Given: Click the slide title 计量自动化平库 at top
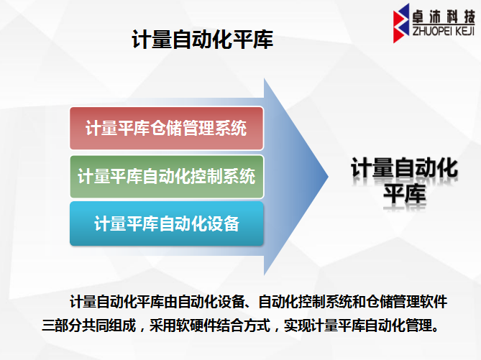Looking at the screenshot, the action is tap(203, 40).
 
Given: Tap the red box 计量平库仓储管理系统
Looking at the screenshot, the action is tap(167, 128).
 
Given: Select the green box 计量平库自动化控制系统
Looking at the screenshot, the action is tap(167, 177).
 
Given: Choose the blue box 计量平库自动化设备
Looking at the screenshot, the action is tap(167, 223).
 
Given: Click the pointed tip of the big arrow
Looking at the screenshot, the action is tap(328, 176).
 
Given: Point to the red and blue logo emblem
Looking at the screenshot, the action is tap(401, 23).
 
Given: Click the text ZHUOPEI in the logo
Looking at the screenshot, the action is tap(432, 31).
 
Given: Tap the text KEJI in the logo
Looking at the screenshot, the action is tap(465, 31).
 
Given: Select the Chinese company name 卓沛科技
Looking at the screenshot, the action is tap(444, 17).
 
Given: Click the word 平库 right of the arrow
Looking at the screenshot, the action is tap(405, 194).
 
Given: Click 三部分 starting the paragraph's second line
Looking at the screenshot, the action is tap(62, 326).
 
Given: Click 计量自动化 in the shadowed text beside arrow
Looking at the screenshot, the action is tap(405, 168).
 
